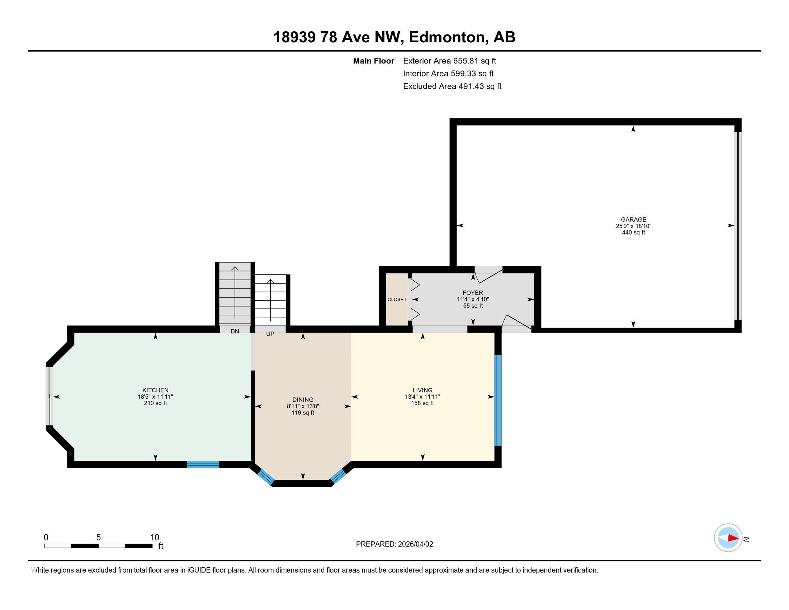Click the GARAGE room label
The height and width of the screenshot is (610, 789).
[633, 219]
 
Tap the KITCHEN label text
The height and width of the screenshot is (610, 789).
[155, 390]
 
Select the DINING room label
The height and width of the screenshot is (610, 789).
[303, 399]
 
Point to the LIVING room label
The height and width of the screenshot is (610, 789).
[422, 390]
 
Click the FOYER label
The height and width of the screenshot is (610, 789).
[473, 292]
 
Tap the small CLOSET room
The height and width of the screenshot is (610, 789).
[397, 299]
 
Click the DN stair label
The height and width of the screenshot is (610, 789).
[235, 331]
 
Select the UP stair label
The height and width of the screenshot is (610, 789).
[270, 334]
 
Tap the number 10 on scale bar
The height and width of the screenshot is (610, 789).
[155, 537]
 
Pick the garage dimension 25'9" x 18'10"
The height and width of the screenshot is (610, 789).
[633, 226]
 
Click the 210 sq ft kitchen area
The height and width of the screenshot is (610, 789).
[155, 403]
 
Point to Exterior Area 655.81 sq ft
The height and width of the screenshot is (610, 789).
[449, 61]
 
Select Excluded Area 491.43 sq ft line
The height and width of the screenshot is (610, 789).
[452, 86]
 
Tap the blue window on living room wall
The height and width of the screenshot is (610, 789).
[498, 400]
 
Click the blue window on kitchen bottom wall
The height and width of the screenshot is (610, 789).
[203, 464]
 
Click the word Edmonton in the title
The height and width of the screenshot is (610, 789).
[447, 37]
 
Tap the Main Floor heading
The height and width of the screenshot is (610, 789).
[373, 61]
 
